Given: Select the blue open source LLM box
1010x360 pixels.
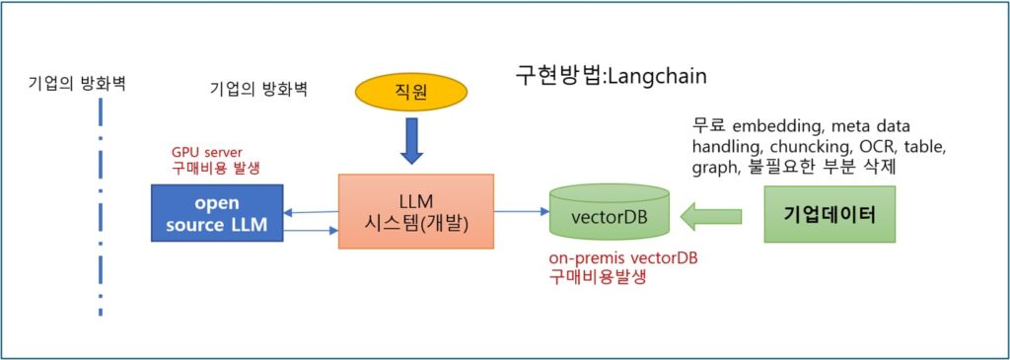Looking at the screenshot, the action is (x=217, y=213).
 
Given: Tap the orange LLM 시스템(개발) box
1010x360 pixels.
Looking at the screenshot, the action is (x=416, y=211).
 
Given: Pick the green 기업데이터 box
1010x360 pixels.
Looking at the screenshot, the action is (x=829, y=214).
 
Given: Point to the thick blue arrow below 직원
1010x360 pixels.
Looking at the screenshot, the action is (x=411, y=140).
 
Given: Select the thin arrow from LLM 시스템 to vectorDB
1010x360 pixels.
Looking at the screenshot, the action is (x=521, y=211).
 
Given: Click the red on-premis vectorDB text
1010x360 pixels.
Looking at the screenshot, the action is (x=623, y=259).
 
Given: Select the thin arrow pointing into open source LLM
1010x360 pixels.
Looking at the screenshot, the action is (x=311, y=212).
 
